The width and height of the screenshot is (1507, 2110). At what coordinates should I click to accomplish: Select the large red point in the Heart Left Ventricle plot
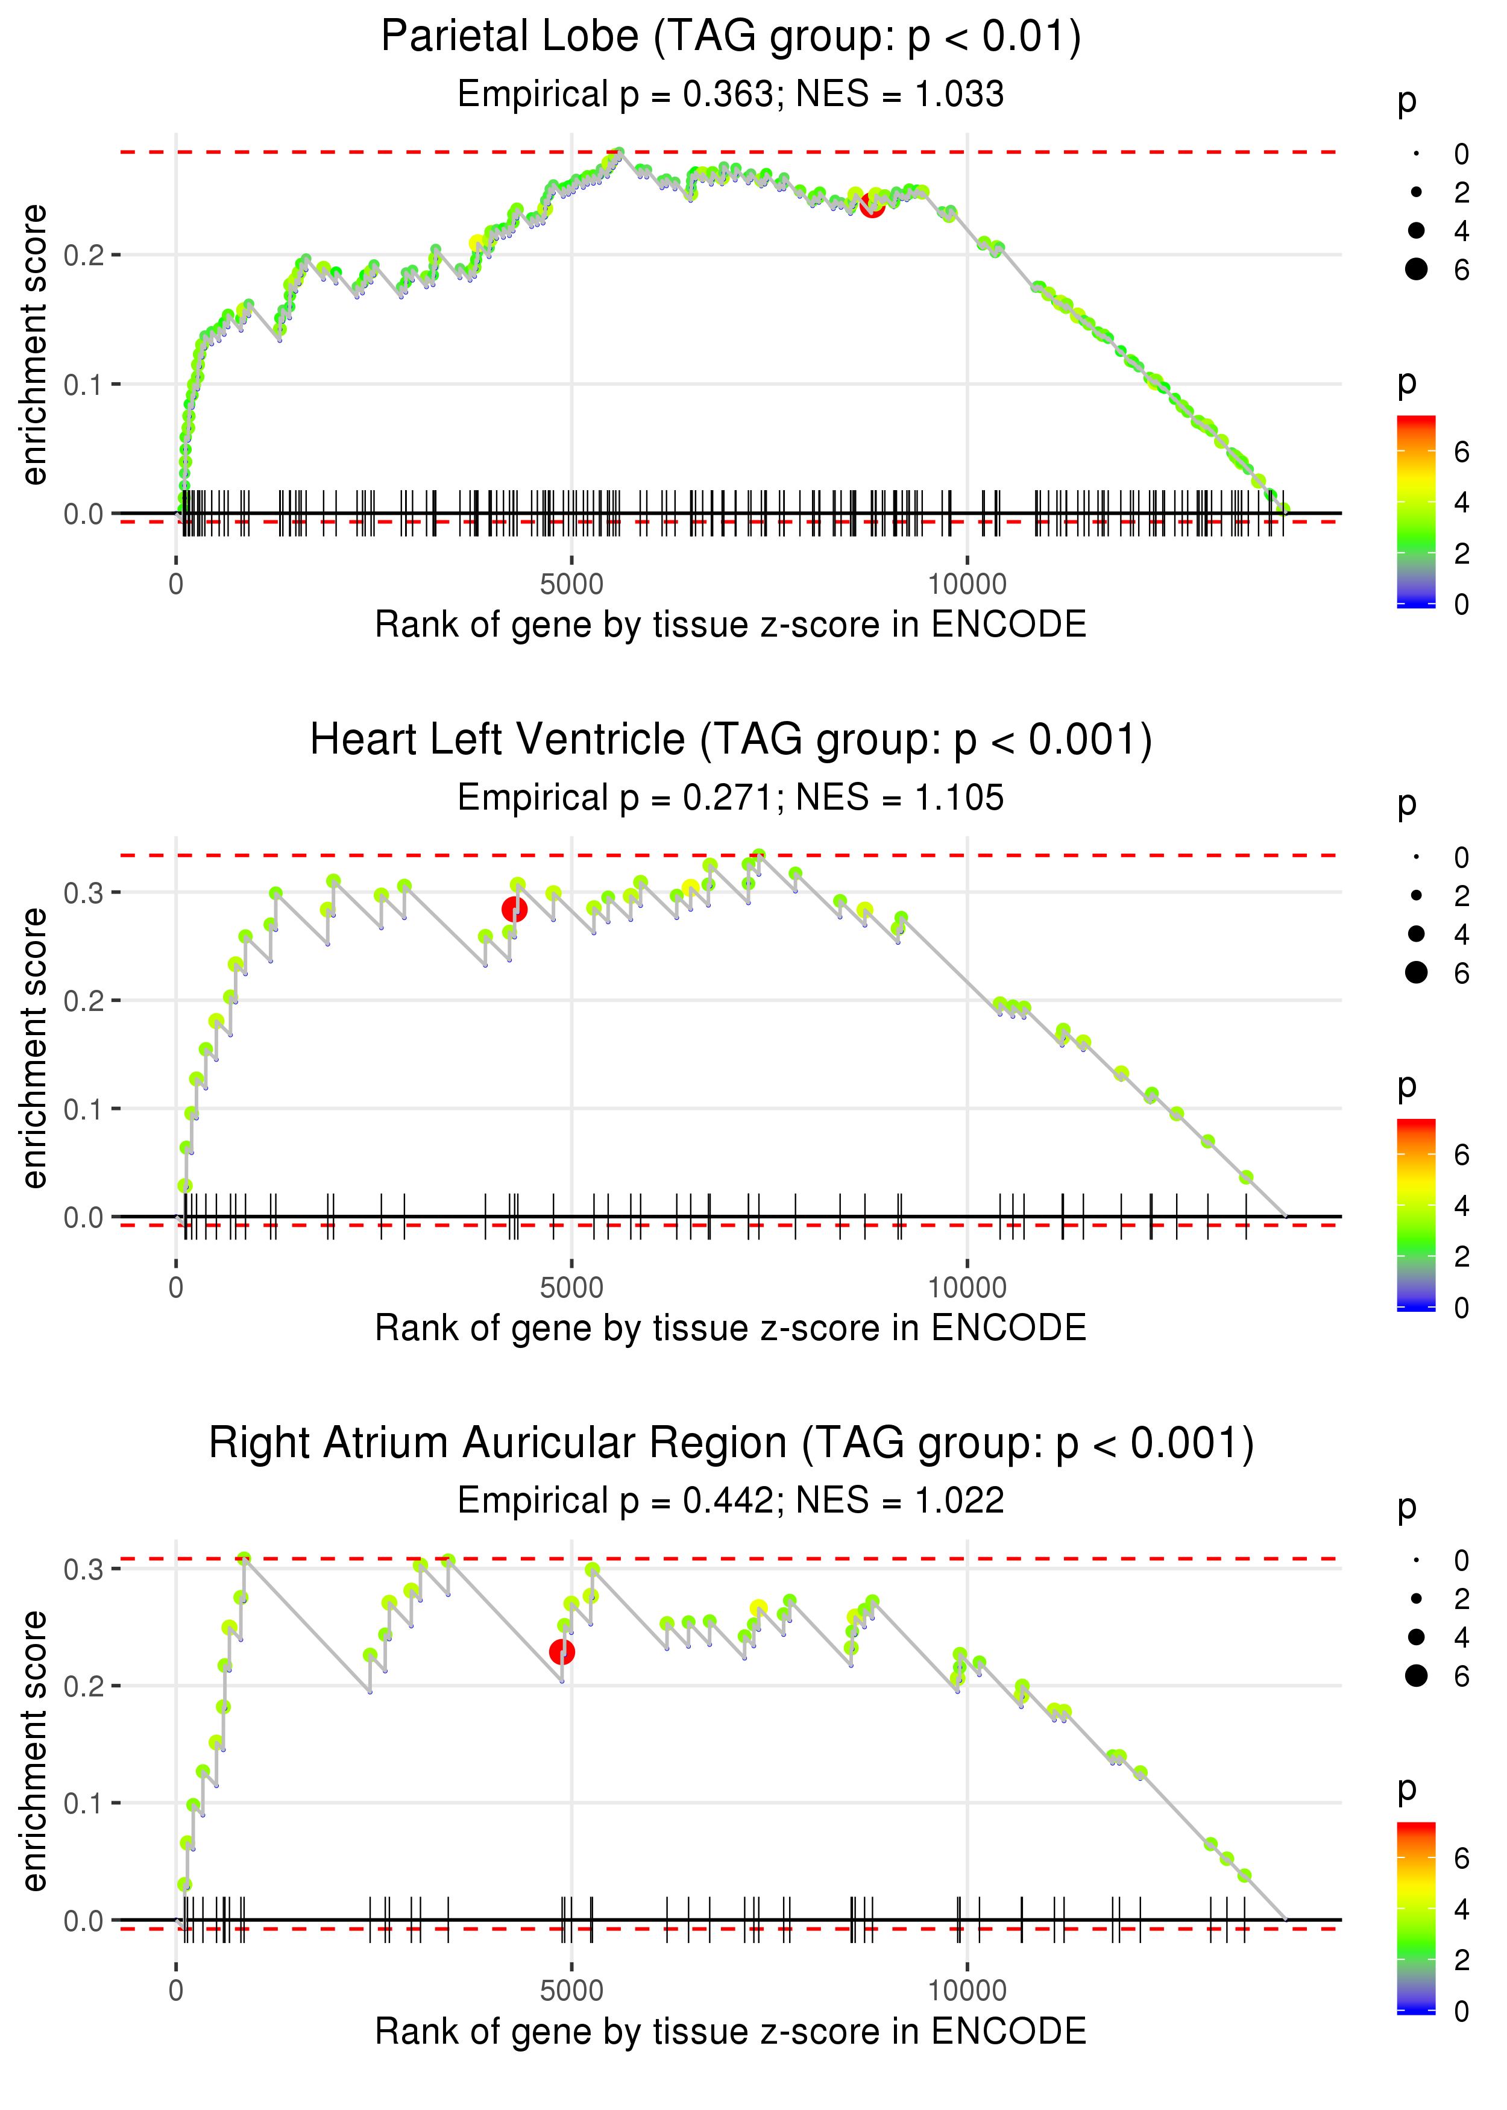click(x=515, y=909)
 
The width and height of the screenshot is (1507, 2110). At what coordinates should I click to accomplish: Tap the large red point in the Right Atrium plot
click(x=561, y=1652)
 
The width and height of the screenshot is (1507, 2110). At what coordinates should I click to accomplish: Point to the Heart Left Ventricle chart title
click(x=731, y=740)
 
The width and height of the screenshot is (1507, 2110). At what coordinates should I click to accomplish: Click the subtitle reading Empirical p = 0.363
click(x=731, y=93)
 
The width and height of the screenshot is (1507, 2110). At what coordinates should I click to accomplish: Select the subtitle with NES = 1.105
click(x=731, y=797)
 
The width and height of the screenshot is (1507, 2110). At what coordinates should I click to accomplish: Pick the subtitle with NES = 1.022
click(x=731, y=1501)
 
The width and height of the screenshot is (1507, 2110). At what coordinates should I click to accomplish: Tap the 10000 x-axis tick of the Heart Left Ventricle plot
click(x=967, y=1287)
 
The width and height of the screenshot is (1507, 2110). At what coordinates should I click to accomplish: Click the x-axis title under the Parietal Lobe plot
click(x=731, y=625)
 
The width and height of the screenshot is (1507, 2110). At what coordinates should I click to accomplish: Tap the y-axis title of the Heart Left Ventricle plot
click(x=34, y=1048)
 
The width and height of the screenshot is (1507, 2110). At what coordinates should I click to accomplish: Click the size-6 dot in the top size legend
click(x=1416, y=269)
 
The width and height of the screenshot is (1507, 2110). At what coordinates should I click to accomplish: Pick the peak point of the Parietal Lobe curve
click(x=619, y=152)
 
